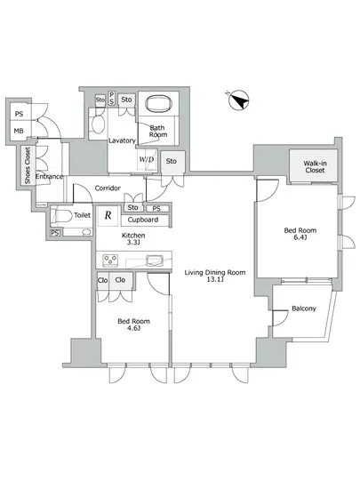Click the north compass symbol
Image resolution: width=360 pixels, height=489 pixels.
click(238, 100)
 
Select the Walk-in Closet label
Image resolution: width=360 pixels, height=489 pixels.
click(315, 166)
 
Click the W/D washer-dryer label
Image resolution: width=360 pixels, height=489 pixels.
click(147, 159)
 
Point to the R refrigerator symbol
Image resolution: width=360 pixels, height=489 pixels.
click(108, 215)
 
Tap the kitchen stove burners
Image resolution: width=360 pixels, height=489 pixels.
click(110, 261)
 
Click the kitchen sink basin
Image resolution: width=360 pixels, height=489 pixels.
click(155, 261)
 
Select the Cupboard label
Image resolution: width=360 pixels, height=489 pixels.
click(143, 220)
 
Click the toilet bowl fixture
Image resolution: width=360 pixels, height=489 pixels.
click(62, 215)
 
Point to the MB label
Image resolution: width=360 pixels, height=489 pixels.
click(19, 131)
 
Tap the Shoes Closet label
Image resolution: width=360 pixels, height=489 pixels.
click(28, 165)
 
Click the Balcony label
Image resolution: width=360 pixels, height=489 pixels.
click(304, 309)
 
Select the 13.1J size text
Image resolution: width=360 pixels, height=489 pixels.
click(215, 279)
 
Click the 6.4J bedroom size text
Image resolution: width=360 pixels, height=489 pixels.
click(300, 237)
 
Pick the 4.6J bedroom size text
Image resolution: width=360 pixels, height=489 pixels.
click(133, 328)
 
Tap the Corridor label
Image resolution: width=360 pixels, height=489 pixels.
click(108, 188)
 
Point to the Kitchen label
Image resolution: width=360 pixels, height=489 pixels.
click(133, 235)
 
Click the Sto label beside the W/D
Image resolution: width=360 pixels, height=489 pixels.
click(172, 161)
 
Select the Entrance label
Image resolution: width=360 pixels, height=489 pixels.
click(49, 177)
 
